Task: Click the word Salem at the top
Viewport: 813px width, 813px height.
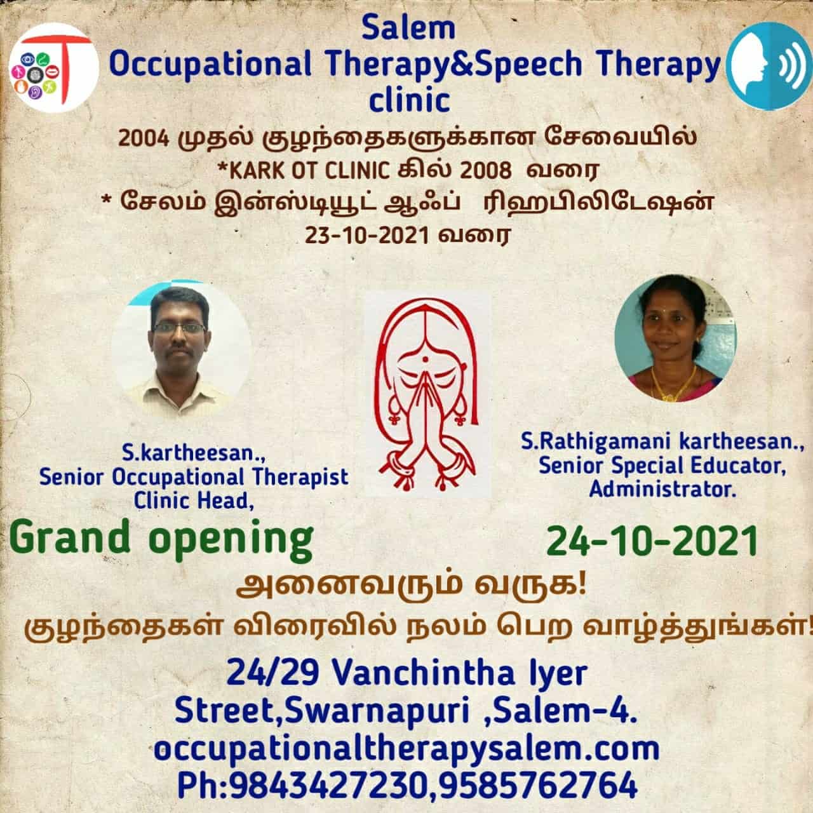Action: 408,29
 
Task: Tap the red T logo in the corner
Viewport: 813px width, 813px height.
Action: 53,67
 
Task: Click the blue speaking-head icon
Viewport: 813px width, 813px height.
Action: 769,66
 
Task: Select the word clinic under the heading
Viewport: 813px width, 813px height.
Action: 409,101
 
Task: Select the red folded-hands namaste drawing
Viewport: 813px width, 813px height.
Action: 427,394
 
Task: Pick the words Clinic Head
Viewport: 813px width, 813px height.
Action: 194,501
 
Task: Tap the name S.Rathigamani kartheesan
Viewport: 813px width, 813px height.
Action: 662,443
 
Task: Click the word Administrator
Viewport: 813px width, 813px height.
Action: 662,490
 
